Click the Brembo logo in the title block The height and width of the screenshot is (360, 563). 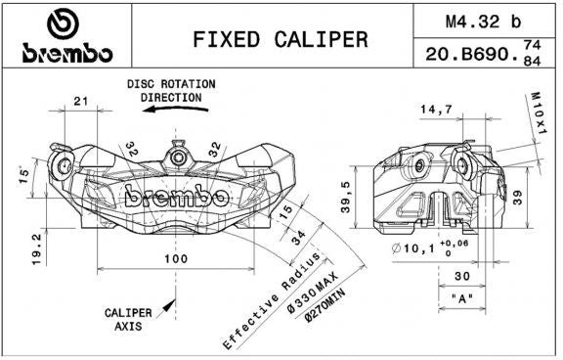pos(67,35)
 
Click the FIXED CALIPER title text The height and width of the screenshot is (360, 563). pos(281,39)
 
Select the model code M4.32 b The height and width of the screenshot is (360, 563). pos(483,22)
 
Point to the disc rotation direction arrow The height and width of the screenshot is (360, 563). pos(175,109)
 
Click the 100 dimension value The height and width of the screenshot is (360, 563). pos(176,258)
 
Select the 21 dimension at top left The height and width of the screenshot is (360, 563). pos(81,102)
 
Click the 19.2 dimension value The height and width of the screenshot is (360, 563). pos(37,248)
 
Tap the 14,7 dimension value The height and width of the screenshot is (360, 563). pos(436,109)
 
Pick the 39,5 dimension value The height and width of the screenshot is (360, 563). pos(346,197)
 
